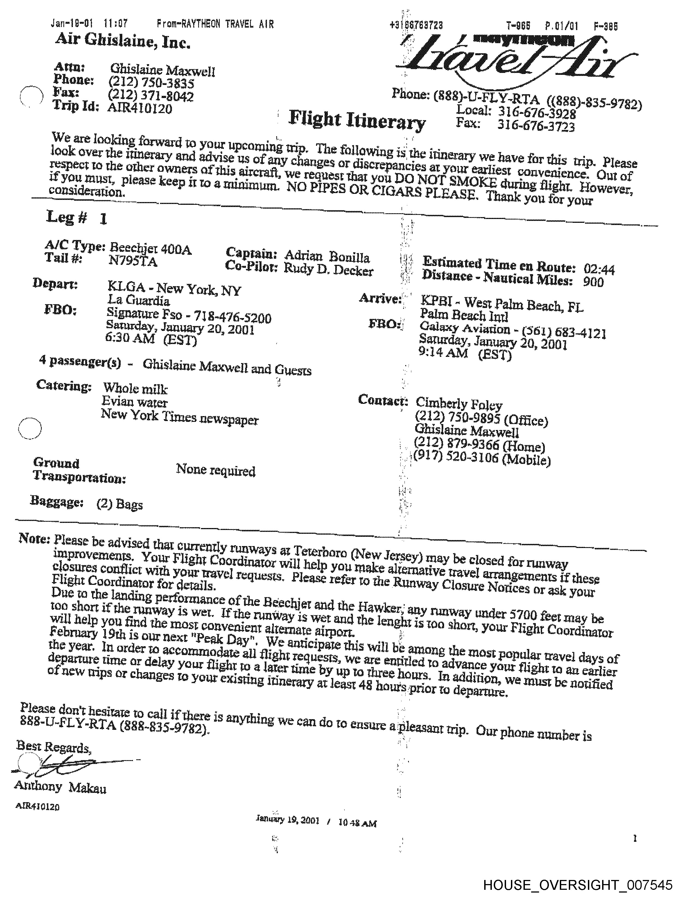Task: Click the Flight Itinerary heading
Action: point(357,120)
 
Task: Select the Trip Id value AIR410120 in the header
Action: point(139,108)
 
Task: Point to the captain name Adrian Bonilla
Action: point(326,257)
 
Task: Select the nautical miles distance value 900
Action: point(593,282)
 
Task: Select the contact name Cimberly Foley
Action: point(459,404)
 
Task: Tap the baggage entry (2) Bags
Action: point(120,504)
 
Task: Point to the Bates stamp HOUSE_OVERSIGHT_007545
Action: point(577,886)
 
